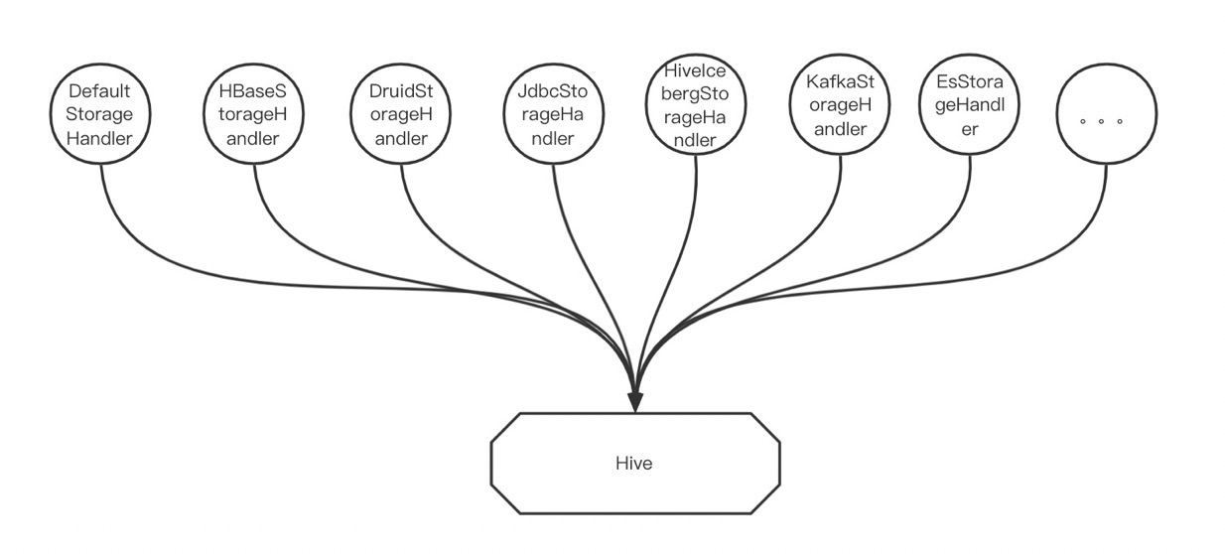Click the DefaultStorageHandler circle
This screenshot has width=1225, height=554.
pos(100,115)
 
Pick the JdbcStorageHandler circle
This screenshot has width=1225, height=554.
pos(552,115)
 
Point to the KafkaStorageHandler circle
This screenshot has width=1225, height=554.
pos(842,105)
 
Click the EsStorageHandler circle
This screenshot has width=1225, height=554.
pos(970,105)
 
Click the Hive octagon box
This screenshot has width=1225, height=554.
pos(635,463)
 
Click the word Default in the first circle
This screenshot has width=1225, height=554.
pos(100,92)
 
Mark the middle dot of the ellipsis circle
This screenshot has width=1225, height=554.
pos(1102,121)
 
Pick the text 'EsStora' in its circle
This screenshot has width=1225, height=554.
pos(970,81)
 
